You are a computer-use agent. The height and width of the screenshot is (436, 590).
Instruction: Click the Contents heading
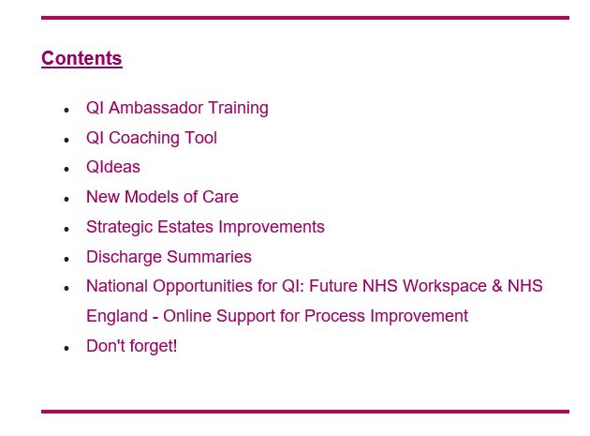[x=81, y=58]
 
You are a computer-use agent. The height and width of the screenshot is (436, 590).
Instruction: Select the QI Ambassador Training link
[x=177, y=108]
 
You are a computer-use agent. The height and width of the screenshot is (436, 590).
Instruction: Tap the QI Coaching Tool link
[x=152, y=138]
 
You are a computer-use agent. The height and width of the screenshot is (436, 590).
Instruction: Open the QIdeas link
[x=113, y=167]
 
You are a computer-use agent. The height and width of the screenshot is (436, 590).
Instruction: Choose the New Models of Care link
[x=162, y=197]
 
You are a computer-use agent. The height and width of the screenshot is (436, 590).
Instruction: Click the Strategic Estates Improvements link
[x=205, y=227]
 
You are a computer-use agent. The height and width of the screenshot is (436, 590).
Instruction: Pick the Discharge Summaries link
[x=169, y=257]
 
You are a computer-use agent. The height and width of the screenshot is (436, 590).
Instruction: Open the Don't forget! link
[x=132, y=346]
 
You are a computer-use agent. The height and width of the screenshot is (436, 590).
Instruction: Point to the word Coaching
[x=141, y=138]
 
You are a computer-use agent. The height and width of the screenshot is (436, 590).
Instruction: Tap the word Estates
[x=185, y=227]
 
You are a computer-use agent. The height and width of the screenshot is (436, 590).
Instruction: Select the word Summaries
[x=209, y=257]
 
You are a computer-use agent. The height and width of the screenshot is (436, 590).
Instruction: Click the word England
[x=117, y=316]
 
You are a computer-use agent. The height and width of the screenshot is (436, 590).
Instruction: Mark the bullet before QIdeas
[x=66, y=169]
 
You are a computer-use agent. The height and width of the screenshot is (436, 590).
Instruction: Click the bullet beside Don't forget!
[x=66, y=348]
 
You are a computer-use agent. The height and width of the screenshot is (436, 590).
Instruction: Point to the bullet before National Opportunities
[x=66, y=288]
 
